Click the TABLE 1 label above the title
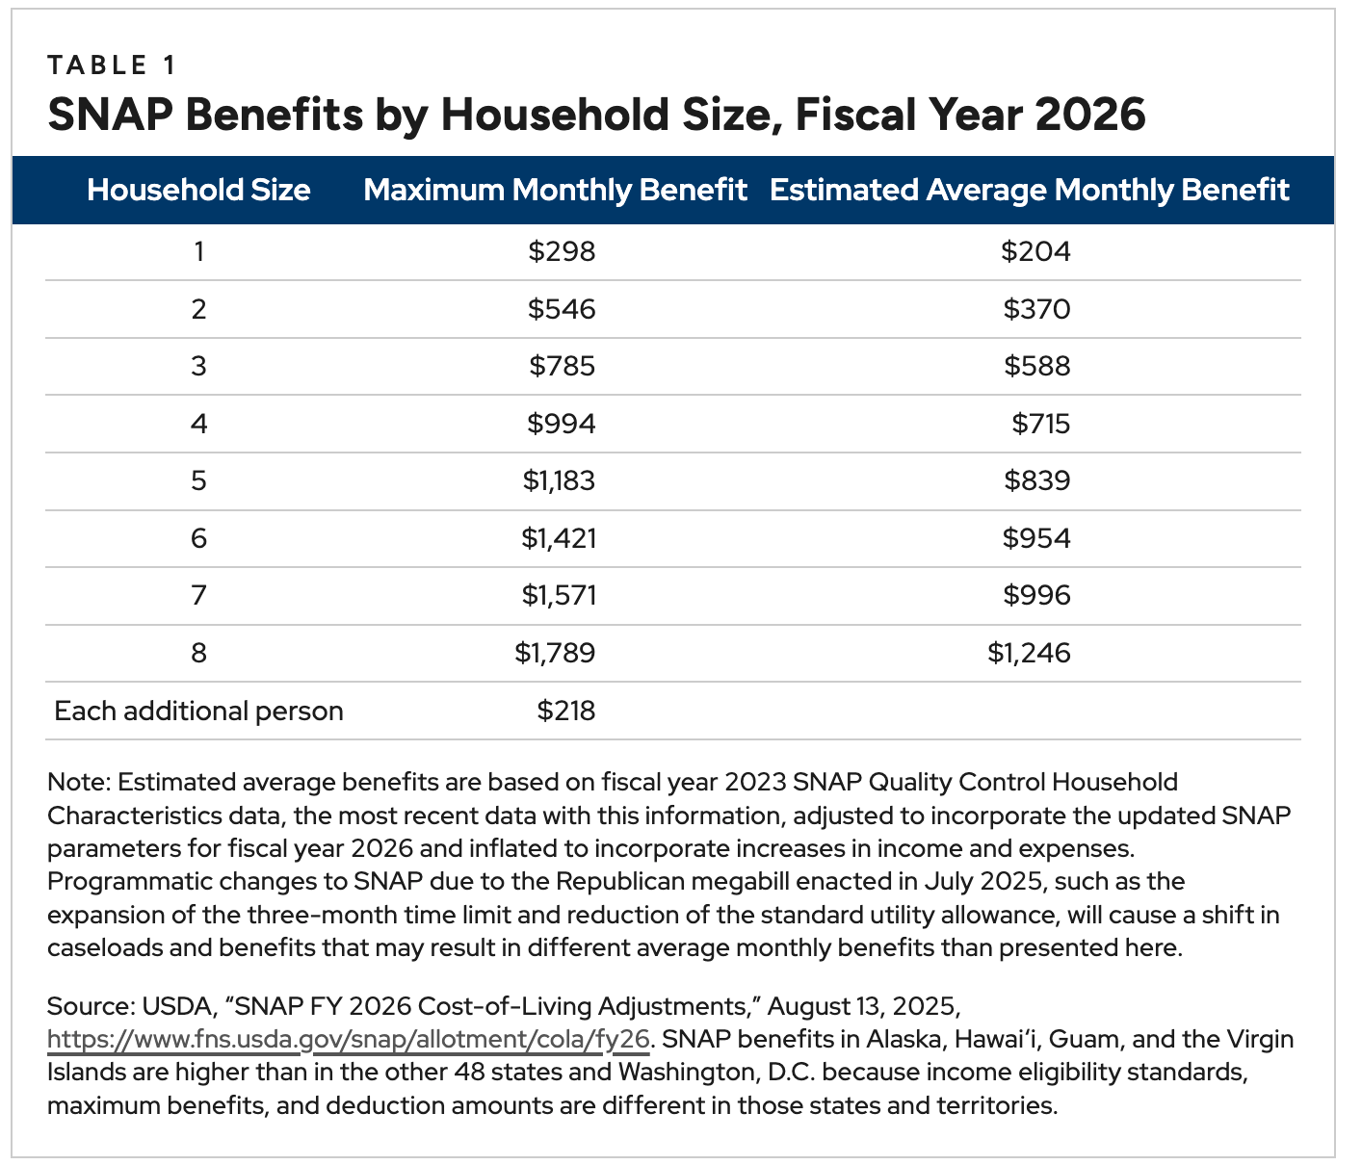coord(111,65)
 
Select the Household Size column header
coord(198,190)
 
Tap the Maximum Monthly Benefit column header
coord(555,190)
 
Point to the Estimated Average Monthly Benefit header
coord(1029,190)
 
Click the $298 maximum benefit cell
coord(562,252)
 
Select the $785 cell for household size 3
coord(562,367)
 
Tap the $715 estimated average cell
coord(1040,424)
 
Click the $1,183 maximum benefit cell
coord(559,480)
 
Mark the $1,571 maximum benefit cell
coord(559,596)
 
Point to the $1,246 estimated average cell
coord(1028,654)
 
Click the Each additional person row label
coord(198,712)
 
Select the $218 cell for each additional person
coord(565,712)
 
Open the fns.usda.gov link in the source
coord(349,1041)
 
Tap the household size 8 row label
coord(198,654)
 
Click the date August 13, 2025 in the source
coord(864,1007)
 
